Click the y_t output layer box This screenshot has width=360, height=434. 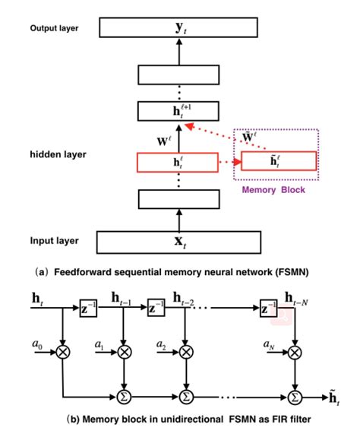point(179,29)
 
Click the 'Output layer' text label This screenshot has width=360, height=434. point(54,29)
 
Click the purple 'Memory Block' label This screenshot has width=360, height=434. point(273,190)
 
